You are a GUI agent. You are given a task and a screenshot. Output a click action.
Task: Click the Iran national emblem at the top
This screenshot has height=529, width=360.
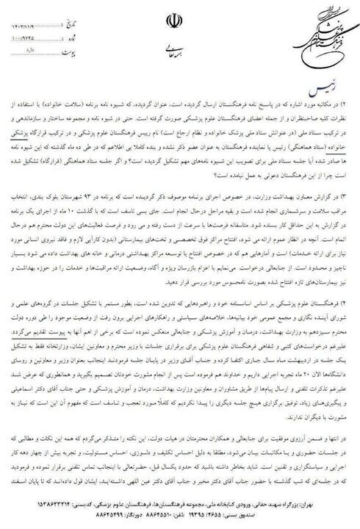[x=181, y=21]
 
